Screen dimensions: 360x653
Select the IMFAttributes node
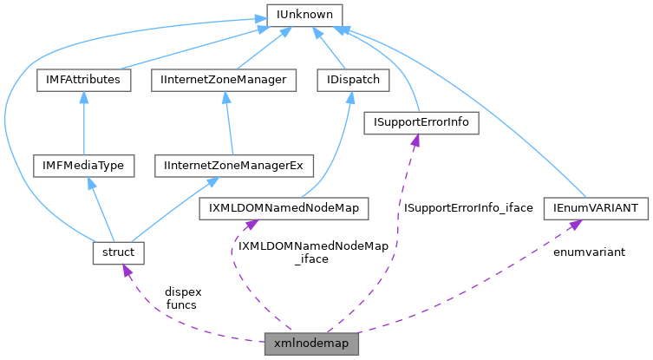[x=84, y=80]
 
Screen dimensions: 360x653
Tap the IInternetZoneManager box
[x=224, y=80]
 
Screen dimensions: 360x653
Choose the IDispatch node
[x=353, y=80]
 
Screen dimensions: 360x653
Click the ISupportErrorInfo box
[x=421, y=122]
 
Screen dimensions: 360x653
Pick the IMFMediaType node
[x=82, y=165]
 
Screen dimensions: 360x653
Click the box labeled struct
[x=117, y=252]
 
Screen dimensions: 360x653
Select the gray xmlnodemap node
[x=310, y=344]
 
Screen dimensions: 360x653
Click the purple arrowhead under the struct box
[x=125, y=271]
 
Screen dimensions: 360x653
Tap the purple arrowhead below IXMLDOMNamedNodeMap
[x=250, y=226]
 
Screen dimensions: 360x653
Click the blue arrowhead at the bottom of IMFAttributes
[x=83, y=98]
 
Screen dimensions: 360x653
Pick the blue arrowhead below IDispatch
[x=351, y=98]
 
